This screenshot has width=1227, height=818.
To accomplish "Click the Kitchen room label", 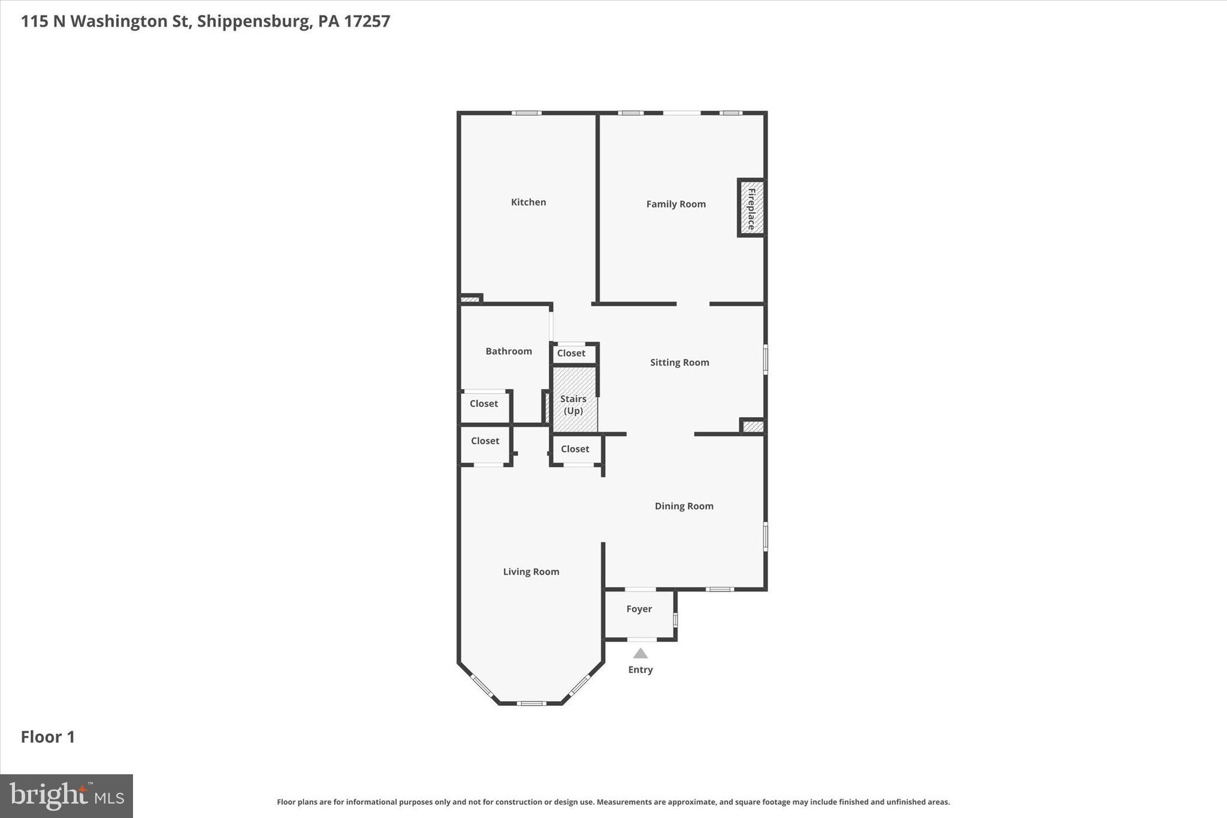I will tap(528, 202).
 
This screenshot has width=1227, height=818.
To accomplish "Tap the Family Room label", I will tap(675, 204).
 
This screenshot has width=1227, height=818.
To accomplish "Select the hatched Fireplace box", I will tap(751, 208).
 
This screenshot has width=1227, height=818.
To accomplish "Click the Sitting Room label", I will tap(679, 362).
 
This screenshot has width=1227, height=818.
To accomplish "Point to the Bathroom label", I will tap(508, 351).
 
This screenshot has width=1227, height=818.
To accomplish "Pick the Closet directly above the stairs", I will tap(571, 353).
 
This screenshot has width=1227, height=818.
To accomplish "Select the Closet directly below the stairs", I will tap(575, 449).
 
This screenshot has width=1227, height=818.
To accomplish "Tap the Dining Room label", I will tap(684, 506).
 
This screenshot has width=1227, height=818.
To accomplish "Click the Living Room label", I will tap(531, 572).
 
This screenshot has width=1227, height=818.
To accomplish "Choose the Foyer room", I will tap(639, 609).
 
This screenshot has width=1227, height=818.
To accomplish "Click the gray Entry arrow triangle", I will tap(640, 654).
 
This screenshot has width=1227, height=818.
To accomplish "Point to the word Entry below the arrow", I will tap(640, 670).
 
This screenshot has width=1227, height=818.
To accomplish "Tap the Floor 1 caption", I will tap(48, 736).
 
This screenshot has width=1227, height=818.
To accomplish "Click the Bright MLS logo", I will tap(67, 796).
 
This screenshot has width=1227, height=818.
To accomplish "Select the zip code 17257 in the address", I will tap(367, 21).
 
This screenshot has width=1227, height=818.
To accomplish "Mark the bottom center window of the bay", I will tap(531, 703).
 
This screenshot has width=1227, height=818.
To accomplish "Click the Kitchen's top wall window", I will tap(527, 113).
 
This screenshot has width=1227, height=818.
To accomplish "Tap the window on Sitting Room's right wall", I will tap(765, 360).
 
